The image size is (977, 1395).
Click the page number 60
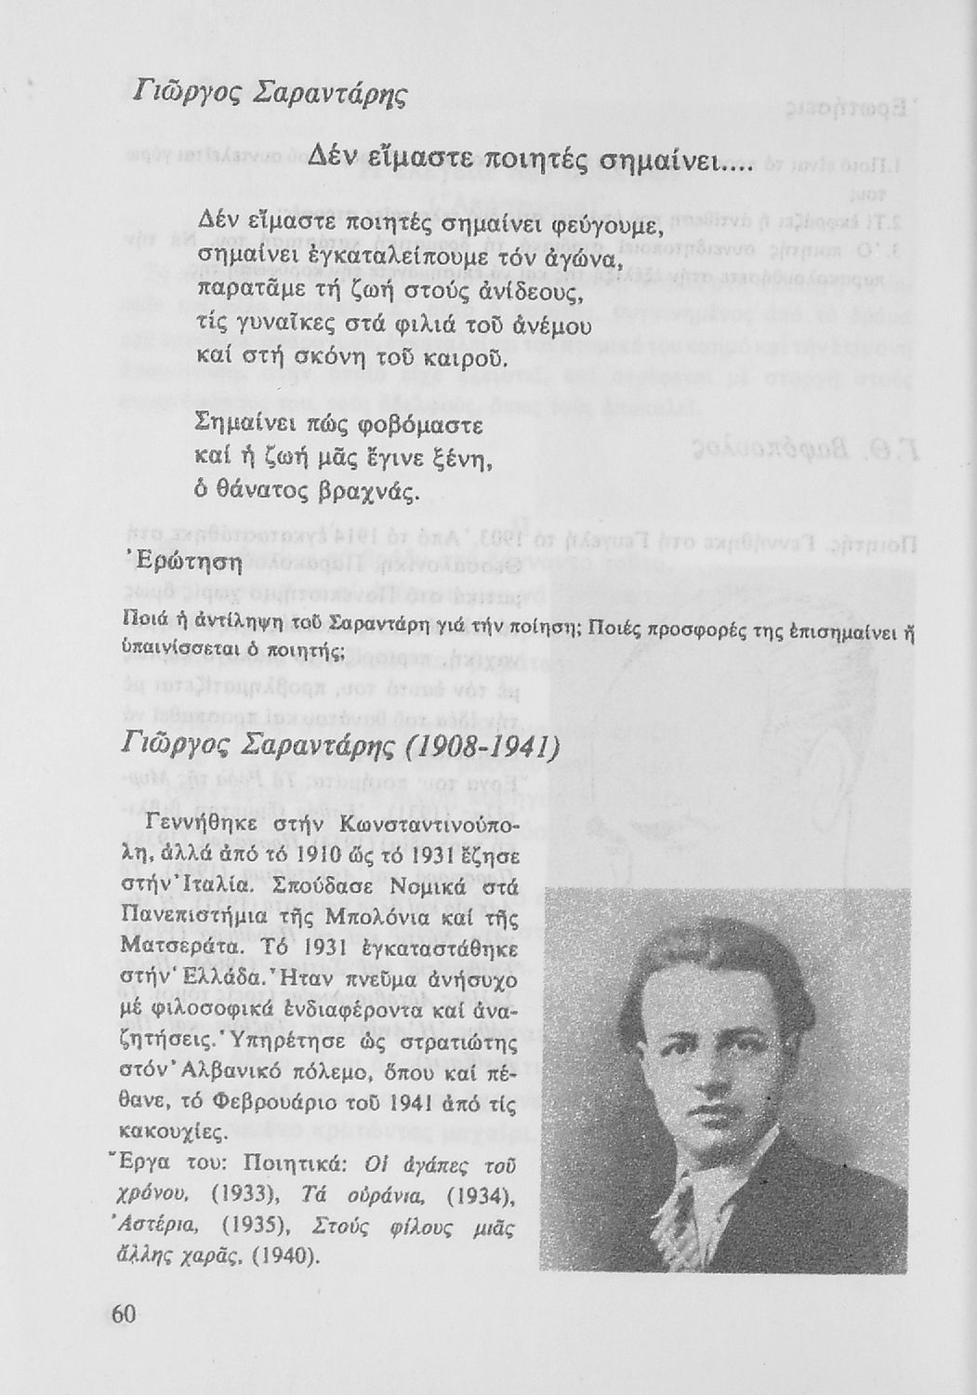[125, 1314]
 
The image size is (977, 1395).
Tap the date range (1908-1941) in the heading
[470, 745]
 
